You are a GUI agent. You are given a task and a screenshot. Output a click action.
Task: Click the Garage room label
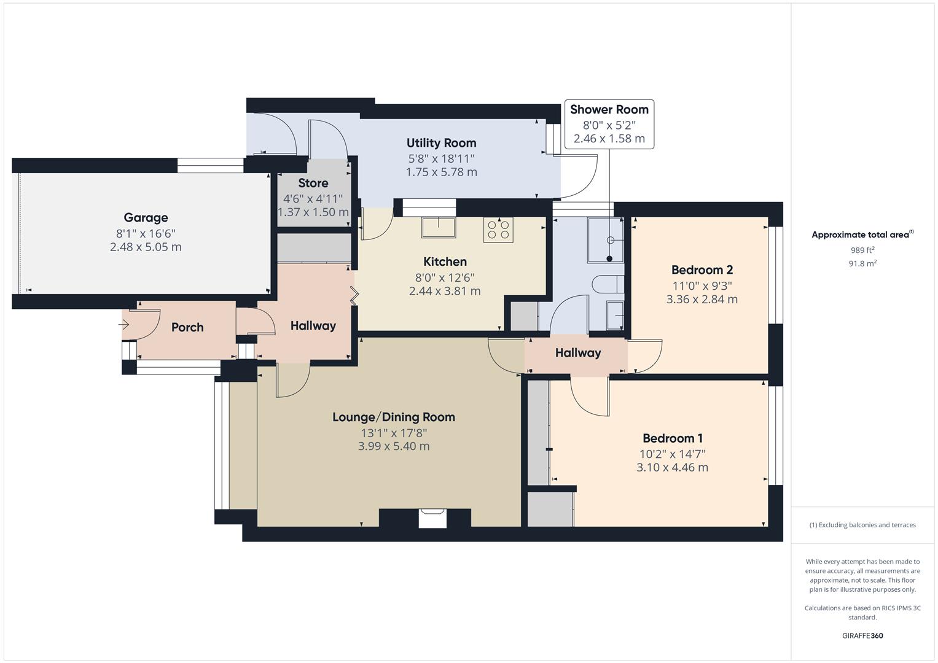(x=146, y=217)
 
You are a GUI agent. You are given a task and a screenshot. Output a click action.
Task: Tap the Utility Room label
(x=441, y=143)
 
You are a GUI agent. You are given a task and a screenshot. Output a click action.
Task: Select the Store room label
(x=313, y=183)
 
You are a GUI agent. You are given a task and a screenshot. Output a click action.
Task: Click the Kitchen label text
(x=445, y=262)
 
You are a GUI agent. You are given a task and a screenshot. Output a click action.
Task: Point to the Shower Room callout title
(x=609, y=110)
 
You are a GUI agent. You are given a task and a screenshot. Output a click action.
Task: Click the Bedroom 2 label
(x=702, y=269)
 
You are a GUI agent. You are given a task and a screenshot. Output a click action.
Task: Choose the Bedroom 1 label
(x=672, y=438)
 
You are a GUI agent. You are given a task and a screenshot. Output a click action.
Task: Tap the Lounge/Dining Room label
(x=394, y=417)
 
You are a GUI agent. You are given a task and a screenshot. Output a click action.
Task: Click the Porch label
(x=187, y=327)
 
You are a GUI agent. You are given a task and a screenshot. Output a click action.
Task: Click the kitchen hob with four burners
(x=498, y=230)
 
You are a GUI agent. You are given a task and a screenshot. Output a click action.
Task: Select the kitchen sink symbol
(x=439, y=227)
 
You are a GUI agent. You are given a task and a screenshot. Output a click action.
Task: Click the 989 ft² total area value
(x=862, y=250)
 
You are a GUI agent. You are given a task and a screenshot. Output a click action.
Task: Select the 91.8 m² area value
(x=862, y=263)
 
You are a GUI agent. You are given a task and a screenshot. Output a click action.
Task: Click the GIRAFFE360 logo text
(x=862, y=635)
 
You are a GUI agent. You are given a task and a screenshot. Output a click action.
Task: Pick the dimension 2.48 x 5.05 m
(x=146, y=247)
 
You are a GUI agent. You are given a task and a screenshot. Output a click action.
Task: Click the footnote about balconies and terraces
(x=862, y=525)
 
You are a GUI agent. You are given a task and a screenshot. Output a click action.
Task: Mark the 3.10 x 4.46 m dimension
(x=672, y=467)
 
